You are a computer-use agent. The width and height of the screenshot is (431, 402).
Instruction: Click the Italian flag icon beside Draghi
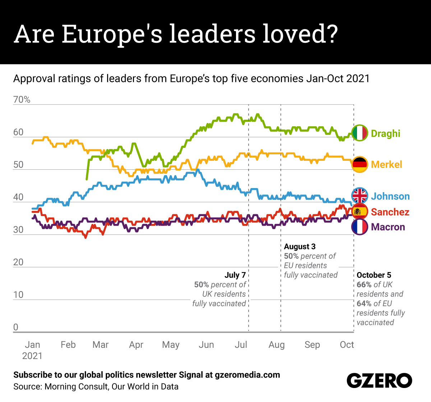click(360, 133)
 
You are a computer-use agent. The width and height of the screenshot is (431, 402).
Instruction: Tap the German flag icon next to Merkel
click(360, 164)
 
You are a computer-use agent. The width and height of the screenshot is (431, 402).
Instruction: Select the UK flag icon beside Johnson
click(360, 196)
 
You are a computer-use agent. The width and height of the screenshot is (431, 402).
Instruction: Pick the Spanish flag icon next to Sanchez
click(360, 211)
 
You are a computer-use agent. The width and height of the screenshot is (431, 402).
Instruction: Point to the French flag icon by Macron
click(360, 227)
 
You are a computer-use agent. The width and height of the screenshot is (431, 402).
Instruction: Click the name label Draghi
click(385, 134)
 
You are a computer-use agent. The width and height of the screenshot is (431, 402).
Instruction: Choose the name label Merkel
click(386, 164)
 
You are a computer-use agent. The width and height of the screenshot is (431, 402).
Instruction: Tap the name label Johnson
click(390, 196)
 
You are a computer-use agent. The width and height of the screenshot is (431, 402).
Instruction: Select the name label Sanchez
click(390, 212)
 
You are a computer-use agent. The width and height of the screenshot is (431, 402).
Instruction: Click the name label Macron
click(388, 227)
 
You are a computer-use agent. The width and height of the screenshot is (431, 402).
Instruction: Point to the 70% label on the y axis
click(22, 100)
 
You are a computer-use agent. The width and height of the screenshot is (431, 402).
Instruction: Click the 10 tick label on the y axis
click(18, 295)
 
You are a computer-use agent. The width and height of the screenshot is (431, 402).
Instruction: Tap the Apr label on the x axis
click(136, 345)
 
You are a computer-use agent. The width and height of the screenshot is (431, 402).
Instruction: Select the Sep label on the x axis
click(312, 345)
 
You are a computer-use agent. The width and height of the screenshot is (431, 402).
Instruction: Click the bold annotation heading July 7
click(235, 275)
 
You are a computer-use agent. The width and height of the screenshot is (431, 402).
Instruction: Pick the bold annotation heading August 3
click(300, 247)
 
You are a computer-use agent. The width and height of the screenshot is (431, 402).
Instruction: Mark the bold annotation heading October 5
click(374, 275)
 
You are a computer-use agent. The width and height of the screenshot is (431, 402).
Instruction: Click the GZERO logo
click(379, 380)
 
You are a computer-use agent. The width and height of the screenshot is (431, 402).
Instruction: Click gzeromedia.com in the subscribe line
click(247, 375)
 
